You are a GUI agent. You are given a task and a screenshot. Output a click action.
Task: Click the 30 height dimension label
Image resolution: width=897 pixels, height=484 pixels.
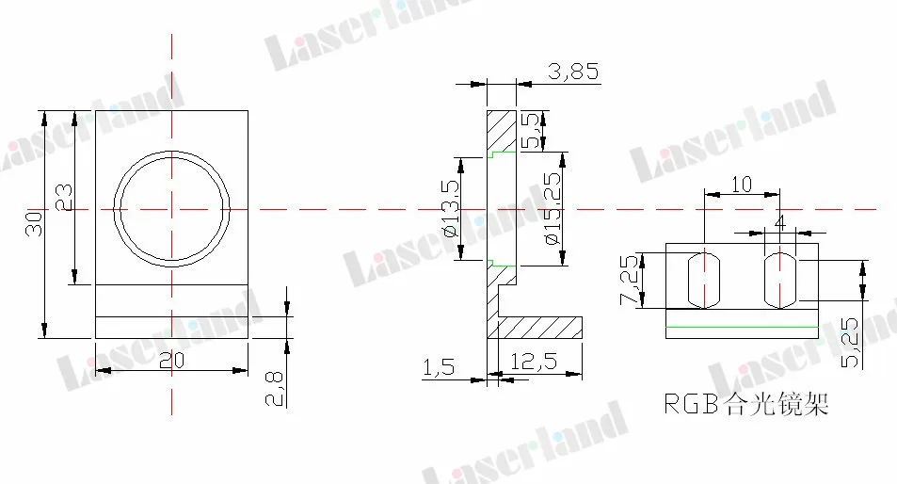[34, 223]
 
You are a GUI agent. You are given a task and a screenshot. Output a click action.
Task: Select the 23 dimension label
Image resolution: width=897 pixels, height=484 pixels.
[64, 197]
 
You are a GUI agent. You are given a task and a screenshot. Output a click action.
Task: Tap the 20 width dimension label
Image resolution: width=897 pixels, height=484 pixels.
[170, 360]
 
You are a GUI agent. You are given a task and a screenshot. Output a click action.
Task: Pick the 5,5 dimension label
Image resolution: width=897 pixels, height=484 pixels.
[532, 131]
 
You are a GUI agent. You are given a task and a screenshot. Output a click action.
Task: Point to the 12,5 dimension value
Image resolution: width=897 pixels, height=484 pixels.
[533, 360]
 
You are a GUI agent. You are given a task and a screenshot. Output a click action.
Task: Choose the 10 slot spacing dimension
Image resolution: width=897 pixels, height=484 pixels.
[742, 184]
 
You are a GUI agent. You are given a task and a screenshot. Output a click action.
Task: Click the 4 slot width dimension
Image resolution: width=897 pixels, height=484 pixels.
[778, 221]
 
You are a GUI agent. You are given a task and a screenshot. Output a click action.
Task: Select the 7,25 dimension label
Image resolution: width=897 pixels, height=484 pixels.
[630, 282]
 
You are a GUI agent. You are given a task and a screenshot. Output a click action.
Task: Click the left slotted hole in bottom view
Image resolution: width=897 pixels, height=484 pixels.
[704, 279]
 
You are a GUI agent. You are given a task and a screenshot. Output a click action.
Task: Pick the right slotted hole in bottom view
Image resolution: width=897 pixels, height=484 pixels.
[779, 279]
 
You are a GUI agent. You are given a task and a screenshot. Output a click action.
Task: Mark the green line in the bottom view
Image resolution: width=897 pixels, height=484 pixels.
[742, 325]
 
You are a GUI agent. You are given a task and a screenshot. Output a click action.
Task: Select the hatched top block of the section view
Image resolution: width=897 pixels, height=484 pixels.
[502, 130]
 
